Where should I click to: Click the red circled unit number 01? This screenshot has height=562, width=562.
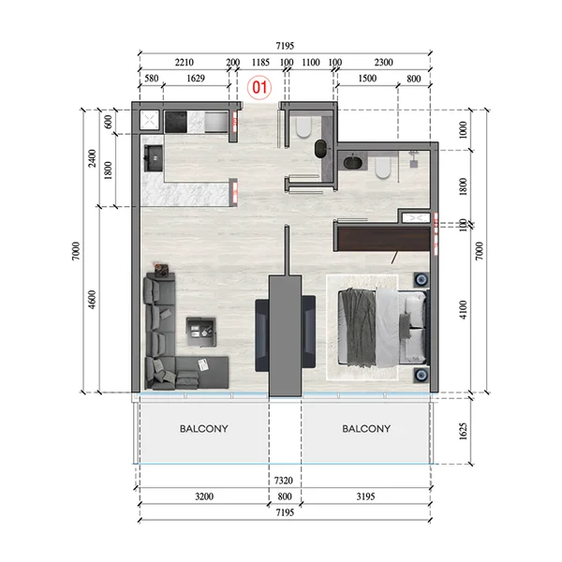click(x=260, y=88)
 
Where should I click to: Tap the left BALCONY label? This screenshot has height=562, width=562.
click(x=203, y=429)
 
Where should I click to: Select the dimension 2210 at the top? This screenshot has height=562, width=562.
click(x=185, y=63)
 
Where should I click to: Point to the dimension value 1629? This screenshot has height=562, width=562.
click(x=196, y=80)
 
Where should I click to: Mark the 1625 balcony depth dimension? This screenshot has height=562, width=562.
click(x=478, y=429)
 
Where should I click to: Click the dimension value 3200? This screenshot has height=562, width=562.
click(x=203, y=495)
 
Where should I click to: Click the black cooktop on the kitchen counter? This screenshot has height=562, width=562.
click(x=177, y=120)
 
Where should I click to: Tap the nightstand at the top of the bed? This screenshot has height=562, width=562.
click(x=421, y=280)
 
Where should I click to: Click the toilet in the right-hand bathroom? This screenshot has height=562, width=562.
click(x=382, y=167)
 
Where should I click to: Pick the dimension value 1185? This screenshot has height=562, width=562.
click(x=260, y=63)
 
